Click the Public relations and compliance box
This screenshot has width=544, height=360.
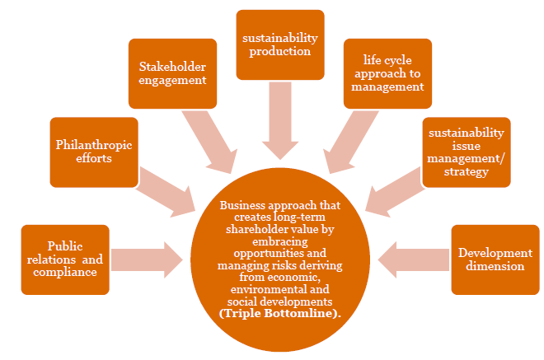click(x=64, y=259)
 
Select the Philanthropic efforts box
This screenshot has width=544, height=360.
click(x=94, y=152)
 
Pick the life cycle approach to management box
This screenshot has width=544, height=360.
click(x=387, y=73)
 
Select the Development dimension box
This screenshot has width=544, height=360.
click(x=495, y=259)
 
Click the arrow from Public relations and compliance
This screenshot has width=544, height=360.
click(x=147, y=259)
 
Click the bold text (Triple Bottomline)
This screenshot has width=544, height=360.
click(x=281, y=314)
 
